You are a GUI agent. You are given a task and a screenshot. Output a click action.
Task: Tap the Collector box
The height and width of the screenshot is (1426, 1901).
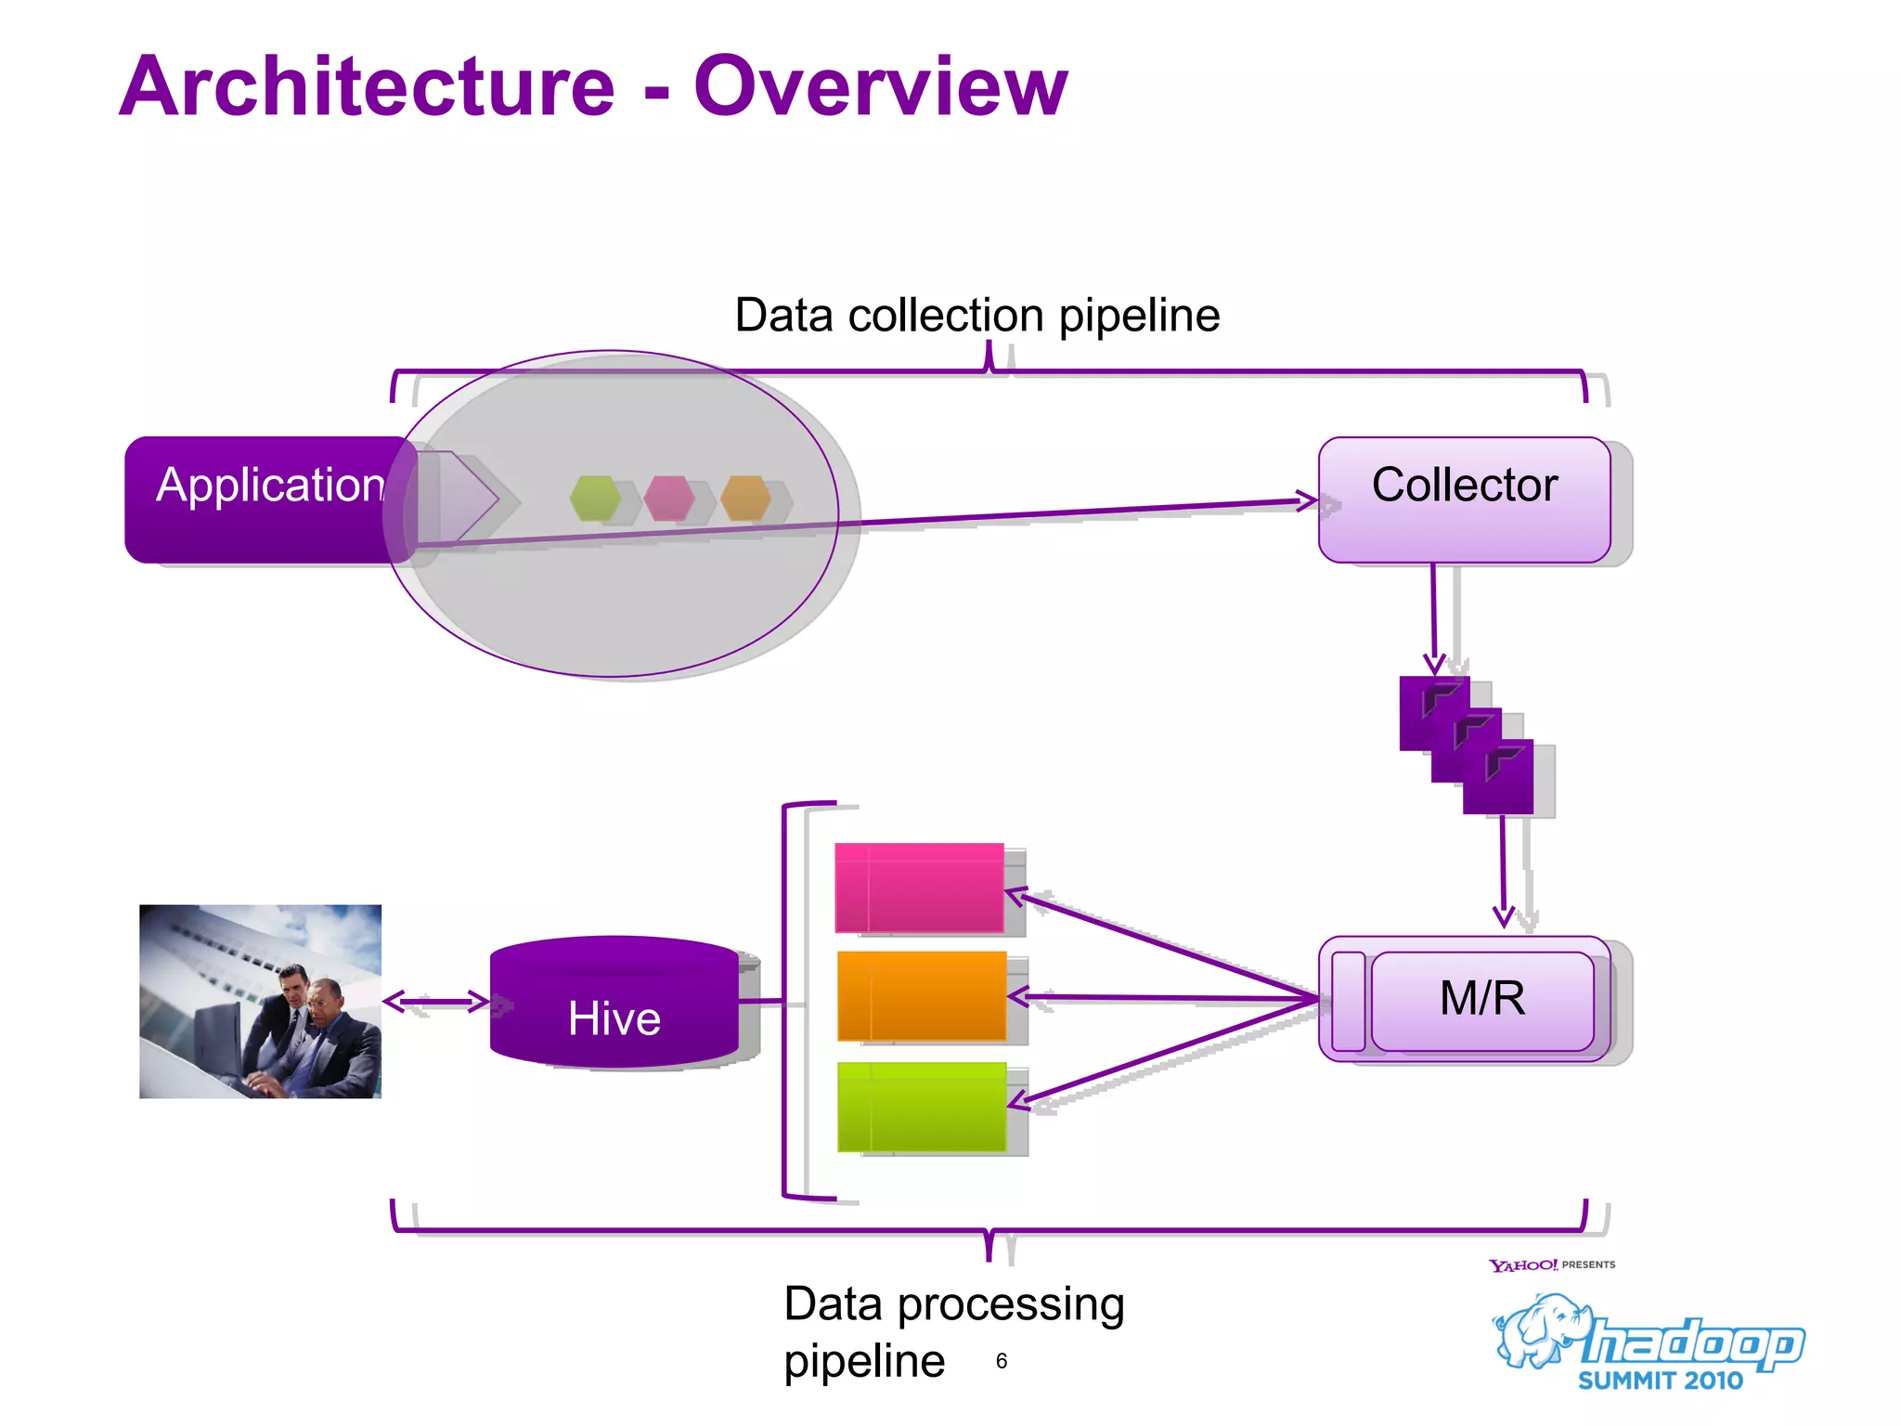(x=1464, y=499)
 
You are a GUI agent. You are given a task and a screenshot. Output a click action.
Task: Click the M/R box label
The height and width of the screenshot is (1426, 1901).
(x=1481, y=999)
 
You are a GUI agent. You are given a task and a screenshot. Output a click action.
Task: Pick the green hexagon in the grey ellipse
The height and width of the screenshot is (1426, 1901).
(x=595, y=499)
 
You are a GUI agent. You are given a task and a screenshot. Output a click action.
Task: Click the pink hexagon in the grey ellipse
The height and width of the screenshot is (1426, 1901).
(x=669, y=499)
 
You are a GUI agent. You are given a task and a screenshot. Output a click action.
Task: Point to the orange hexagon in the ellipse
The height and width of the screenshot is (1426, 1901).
(x=745, y=499)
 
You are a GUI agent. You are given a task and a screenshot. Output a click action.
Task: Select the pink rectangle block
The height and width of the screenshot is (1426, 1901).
(x=919, y=888)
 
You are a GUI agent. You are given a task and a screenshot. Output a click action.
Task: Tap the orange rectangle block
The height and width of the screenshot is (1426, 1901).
(x=921, y=995)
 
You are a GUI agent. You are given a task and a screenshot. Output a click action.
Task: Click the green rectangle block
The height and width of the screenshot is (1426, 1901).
(x=921, y=1107)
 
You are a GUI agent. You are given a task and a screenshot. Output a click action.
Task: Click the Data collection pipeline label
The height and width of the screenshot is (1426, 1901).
(x=976, y=316)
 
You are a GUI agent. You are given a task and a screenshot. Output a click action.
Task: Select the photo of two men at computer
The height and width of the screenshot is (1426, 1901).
(x=260, y=1001)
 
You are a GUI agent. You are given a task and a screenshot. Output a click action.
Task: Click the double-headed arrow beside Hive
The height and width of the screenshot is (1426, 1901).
(x=436, y=1001)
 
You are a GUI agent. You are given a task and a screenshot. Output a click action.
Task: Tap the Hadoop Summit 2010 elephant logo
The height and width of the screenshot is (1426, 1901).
(x=1648, y=1341)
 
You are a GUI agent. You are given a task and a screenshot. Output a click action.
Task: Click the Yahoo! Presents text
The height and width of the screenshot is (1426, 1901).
(x=1551, y=1264)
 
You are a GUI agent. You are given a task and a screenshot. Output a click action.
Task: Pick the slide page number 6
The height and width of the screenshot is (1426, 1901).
(x=1001, y=1361)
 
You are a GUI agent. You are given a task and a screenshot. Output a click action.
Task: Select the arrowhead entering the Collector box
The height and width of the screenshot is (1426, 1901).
(x=1308, y=501)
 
